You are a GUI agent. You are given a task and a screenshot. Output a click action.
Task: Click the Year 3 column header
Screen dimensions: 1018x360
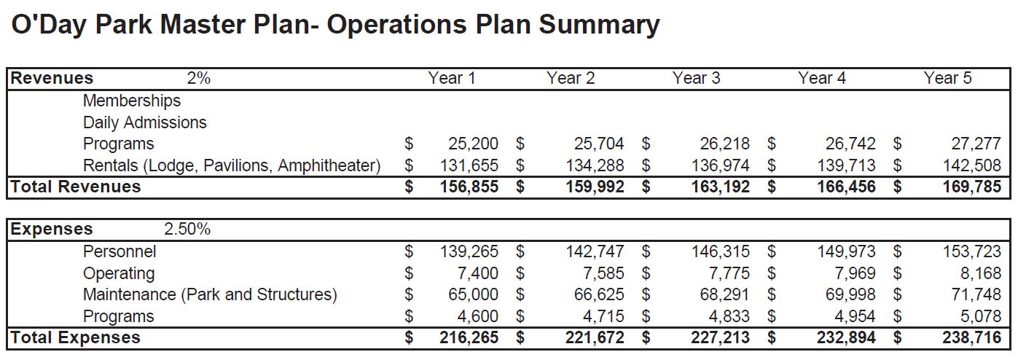[696, 78]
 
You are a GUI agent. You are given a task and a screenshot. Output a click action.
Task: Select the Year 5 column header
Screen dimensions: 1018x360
[947, 78]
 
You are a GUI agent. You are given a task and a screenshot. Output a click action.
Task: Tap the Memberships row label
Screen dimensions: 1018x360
[132, 101]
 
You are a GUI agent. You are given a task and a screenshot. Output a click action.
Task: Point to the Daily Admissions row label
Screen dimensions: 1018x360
[144, 122]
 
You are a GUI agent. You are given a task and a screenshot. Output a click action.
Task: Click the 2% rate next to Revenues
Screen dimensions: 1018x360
[199, 78]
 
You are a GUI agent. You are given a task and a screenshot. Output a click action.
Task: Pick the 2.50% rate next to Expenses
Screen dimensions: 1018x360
[187, 229]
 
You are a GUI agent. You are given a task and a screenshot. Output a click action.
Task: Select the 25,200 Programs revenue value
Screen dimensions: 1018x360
[473, 144]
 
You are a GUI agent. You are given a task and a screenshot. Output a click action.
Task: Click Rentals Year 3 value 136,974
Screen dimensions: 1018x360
[721, 165]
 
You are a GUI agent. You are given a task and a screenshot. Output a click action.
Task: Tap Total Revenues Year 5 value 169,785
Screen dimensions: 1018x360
[971, 187]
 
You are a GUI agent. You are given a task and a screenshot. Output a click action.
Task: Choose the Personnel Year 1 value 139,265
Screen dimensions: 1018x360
[469, 251]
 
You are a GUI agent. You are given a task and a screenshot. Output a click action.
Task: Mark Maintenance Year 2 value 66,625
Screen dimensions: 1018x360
[599, 294]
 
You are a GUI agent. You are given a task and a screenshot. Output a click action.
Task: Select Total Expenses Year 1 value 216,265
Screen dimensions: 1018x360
[469, 337]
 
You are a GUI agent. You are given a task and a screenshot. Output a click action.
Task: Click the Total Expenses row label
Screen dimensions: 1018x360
[76, 337]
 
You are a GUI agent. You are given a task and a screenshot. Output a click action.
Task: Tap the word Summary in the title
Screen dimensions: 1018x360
[600, 26]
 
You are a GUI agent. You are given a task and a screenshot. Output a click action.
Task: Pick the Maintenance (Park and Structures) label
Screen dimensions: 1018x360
[210, 295]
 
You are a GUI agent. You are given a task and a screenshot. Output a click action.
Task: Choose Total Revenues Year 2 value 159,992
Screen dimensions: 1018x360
[595, 187]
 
